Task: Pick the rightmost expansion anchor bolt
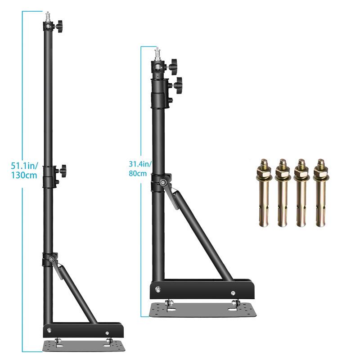click(320, 192)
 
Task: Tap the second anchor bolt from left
click(282, 192)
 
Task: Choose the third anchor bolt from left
click(301, 192)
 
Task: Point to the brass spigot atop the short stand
click(157, 55)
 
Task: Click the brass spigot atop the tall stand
click(47, 17)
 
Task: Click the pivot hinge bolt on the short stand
click(162, 183)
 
